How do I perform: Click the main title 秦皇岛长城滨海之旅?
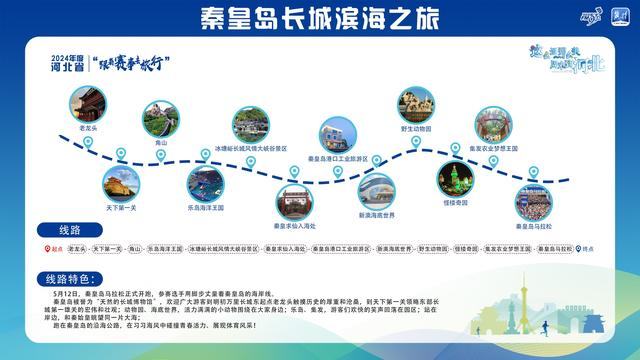(x=319, y=18)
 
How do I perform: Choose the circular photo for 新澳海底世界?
(x=377, y=191)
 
